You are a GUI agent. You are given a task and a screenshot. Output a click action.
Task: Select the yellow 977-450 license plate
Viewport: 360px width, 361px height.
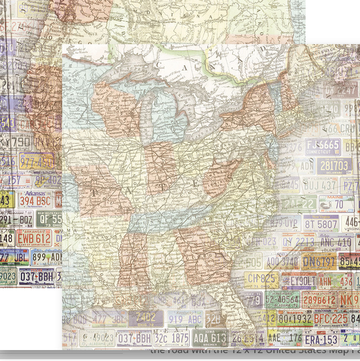(36, 161)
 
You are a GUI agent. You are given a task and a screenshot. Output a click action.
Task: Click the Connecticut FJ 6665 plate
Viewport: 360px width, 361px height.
(323, 146)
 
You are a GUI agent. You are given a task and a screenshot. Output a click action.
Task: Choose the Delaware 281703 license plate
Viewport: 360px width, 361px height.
(334, 166)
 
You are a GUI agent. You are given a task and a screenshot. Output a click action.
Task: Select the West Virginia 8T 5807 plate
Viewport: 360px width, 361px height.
(321, 224)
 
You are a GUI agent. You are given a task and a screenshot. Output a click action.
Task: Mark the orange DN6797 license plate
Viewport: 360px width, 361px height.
(319, 262)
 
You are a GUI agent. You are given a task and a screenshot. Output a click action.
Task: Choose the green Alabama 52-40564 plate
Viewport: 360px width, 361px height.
(281, 300)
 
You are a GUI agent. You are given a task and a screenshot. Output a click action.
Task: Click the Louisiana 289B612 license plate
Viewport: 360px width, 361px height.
(319, 300)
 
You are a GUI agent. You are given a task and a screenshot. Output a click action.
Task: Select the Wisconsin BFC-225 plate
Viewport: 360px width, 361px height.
(331, 318)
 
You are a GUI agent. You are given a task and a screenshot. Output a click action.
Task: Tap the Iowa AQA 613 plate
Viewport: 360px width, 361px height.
(210, 337)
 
